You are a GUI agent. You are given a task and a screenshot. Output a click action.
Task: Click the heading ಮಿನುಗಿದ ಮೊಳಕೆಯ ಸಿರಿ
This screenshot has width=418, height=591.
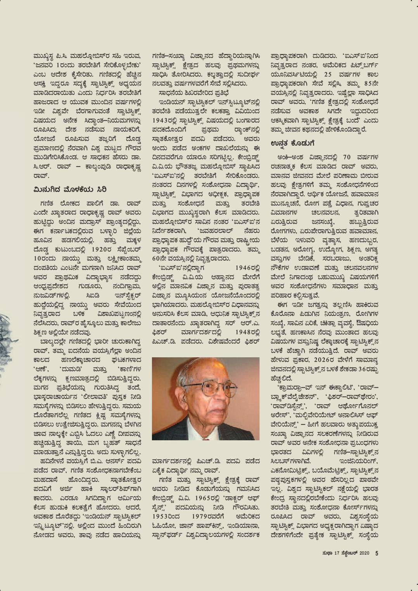pos(70,189)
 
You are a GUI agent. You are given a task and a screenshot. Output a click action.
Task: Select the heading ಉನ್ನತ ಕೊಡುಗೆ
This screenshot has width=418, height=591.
pos(292,144)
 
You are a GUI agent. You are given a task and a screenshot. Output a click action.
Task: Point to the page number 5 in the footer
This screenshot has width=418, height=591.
pos(377,553)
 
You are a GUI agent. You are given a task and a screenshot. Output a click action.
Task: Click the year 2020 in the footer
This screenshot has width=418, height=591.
pos(365,553)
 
